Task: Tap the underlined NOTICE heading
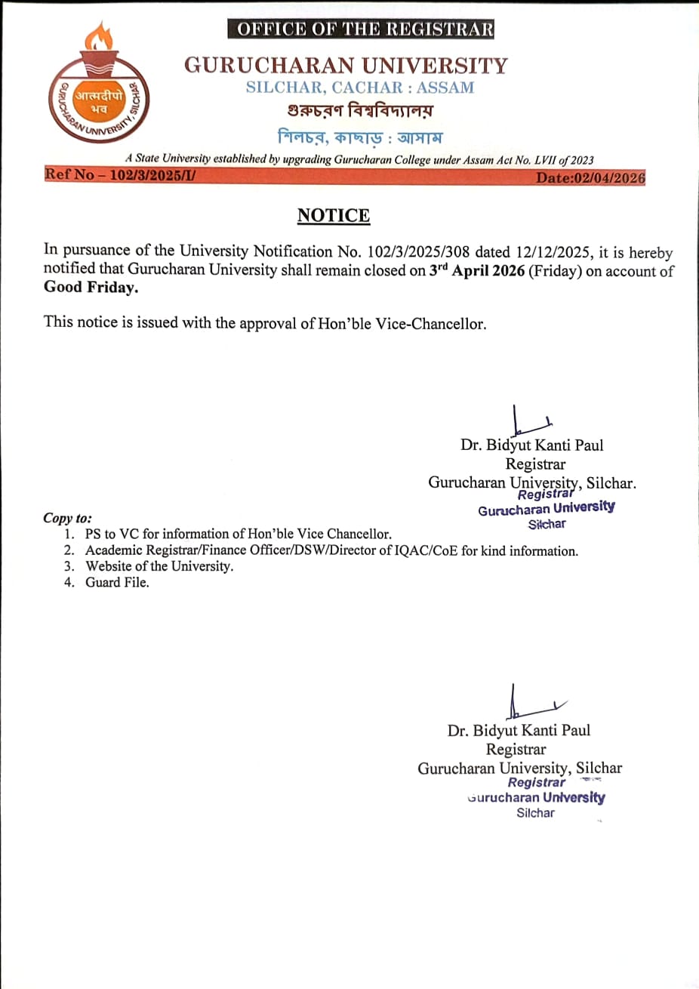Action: pyautogui.click(x=334, y=216)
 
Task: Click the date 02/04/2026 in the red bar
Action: pyautogui.click(x=590, y=178)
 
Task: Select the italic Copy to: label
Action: pyautogui.click(x=67, y=518)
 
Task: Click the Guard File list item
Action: pyautogui.click(x=117, y=582)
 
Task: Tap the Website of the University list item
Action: pyautogui.click(x=159, y=566)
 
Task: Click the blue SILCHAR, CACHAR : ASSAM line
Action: pyautogui.click(x=360, y=88)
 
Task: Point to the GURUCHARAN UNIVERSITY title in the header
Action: pyautogui.click(x=346, y=65)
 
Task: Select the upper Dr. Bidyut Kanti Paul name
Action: pyautogui.click(x=532, y=445)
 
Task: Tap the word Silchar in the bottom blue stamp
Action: pyautogui.click(x=535, y=813)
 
